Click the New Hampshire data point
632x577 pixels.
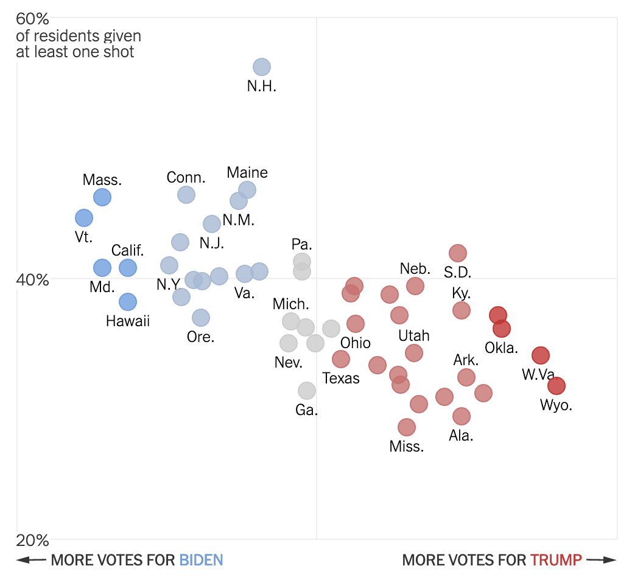[261, 67]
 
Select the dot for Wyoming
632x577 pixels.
[556, 386]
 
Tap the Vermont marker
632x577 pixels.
[84, 218]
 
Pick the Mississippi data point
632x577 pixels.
[407, 427]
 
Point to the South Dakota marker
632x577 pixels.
[458, 253]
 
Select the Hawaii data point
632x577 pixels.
[128, 302]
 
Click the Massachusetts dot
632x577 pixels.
[102, 197]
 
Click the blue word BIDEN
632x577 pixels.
[201, 560]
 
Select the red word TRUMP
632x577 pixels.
[556, 560]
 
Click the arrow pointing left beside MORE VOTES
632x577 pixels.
[30, 560]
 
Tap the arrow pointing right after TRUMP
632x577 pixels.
[602, 560]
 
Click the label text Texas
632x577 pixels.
[341, 379]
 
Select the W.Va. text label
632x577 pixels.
[539, 375]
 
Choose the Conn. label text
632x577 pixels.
[186, 178]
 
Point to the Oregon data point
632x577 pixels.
[201, 318]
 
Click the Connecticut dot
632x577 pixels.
[186, 195]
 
